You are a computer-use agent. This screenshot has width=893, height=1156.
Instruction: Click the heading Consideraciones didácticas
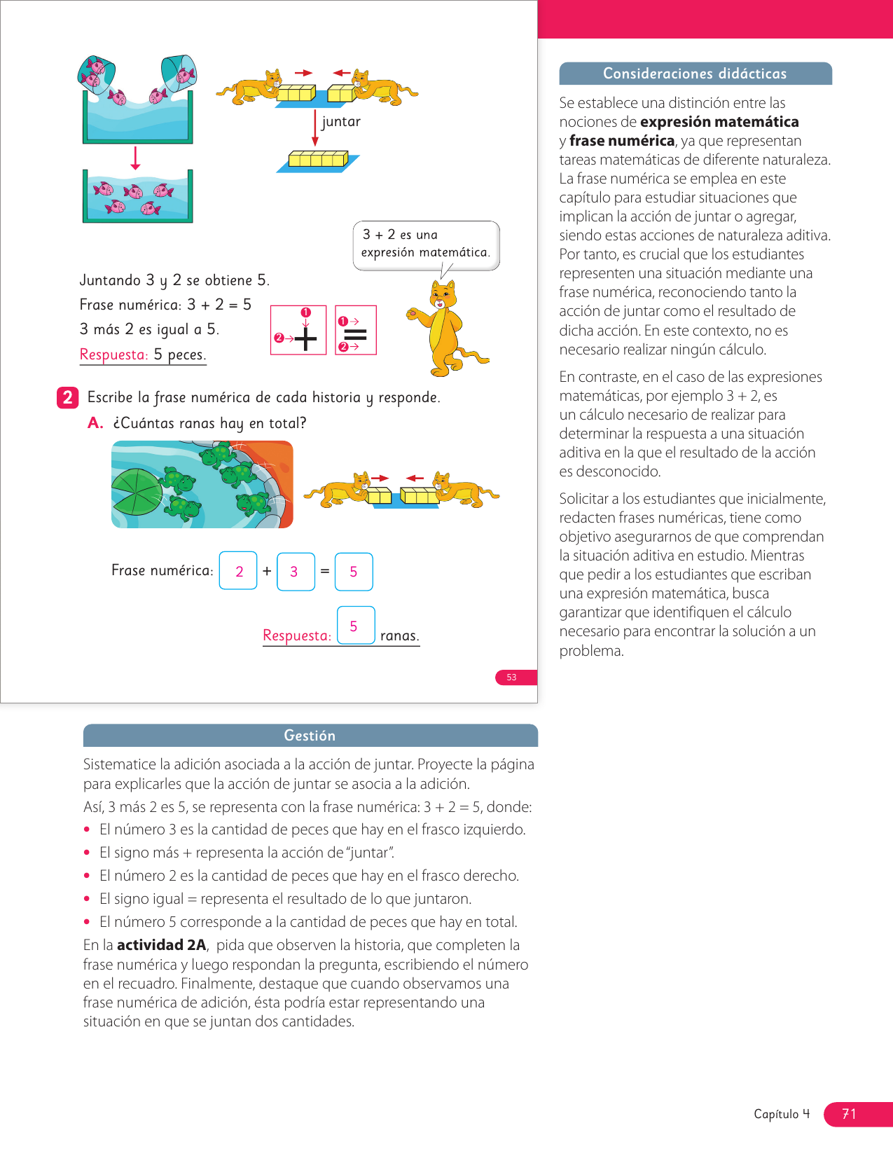point(695,74)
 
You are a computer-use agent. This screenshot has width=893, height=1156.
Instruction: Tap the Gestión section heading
point(310,736)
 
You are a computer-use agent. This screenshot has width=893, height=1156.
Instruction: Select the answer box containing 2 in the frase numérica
point(238,572)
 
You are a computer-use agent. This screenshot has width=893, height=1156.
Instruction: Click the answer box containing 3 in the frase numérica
point(296,572)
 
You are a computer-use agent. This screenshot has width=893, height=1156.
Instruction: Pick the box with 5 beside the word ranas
point(355,626)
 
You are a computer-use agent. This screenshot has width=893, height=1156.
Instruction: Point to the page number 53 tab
point(512,677)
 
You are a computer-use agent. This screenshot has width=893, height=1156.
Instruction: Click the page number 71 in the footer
point(849,1114)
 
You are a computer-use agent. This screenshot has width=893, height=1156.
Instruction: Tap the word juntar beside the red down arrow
point(341,122)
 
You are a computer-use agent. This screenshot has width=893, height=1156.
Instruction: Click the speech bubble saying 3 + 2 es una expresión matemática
point(426,244)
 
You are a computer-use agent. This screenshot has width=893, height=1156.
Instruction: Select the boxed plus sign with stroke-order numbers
point(298,330)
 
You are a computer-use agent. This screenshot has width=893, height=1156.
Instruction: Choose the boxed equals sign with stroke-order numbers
point(356,330)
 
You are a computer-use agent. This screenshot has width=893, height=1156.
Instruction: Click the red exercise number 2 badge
point(67,398)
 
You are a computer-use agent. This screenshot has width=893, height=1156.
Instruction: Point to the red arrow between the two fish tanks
point(136,158)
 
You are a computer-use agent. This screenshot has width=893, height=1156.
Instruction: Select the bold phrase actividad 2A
point(162,945)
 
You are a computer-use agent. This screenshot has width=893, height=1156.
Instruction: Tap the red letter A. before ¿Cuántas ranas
point(95,423)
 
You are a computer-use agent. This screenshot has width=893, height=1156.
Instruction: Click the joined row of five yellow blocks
point(319,159)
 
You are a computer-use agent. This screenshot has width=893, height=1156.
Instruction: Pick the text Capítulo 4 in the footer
point(782,1114)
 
